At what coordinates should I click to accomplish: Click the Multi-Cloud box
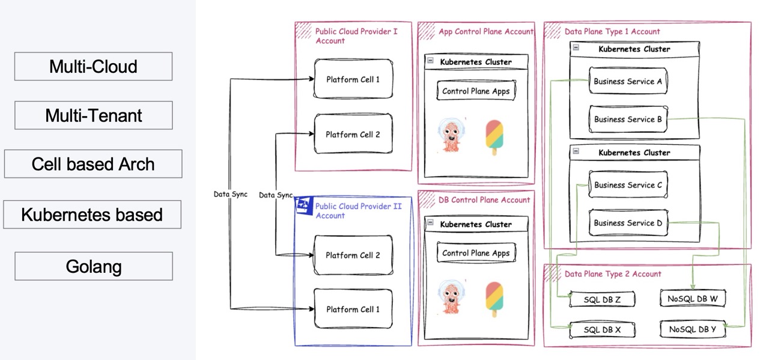[93, 66]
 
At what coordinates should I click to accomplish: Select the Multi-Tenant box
[93, 115]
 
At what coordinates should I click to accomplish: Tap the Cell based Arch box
[93, 164]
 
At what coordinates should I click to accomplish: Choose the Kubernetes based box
[92, 215]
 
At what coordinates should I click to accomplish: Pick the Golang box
[93, 266]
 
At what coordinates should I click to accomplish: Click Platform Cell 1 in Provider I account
[353, 79]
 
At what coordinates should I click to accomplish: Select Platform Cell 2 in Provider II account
[353, 255]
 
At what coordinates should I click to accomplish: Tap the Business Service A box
[628, 81]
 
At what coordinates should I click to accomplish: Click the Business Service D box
[628, 223]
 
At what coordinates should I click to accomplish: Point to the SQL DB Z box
[602, 299]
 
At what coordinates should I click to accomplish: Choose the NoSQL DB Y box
[692, 329]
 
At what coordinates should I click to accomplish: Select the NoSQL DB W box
[693, 299]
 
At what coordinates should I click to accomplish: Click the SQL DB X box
[602, 330]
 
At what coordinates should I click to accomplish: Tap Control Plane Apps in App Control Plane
[476, 91]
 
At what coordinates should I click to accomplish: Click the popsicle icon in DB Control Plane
[494, 299]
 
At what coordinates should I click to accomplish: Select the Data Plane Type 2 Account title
[613, 274]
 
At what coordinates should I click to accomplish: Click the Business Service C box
[628, 185]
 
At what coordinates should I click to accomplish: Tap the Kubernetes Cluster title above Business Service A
[634, 49]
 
